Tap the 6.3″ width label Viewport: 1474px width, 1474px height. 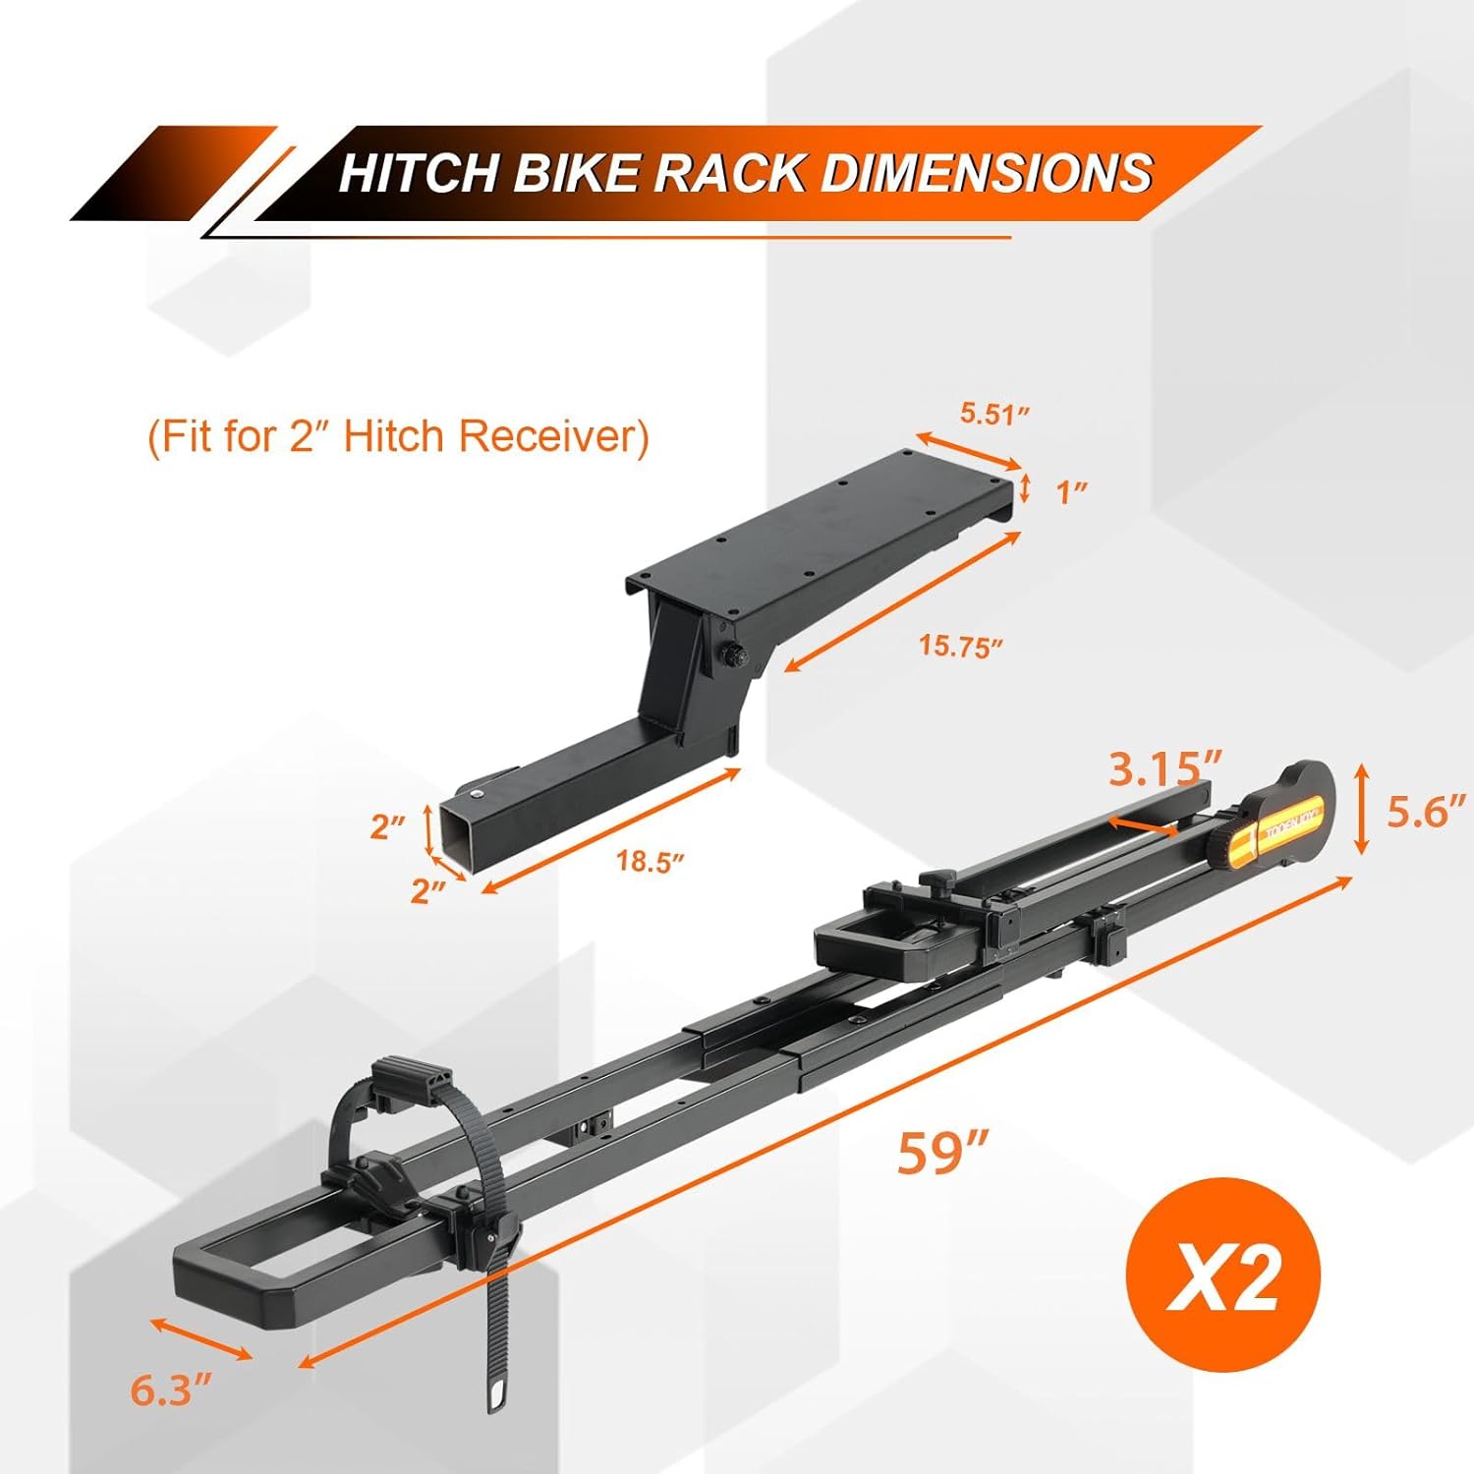(171, 1390)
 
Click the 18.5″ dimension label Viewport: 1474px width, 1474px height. (650, 862)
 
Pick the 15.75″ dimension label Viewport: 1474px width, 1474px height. (961, 647)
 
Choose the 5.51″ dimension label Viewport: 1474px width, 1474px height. (995, 414)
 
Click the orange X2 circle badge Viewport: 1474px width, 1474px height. (1222, 1276)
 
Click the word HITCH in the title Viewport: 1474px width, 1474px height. (418, 173)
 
